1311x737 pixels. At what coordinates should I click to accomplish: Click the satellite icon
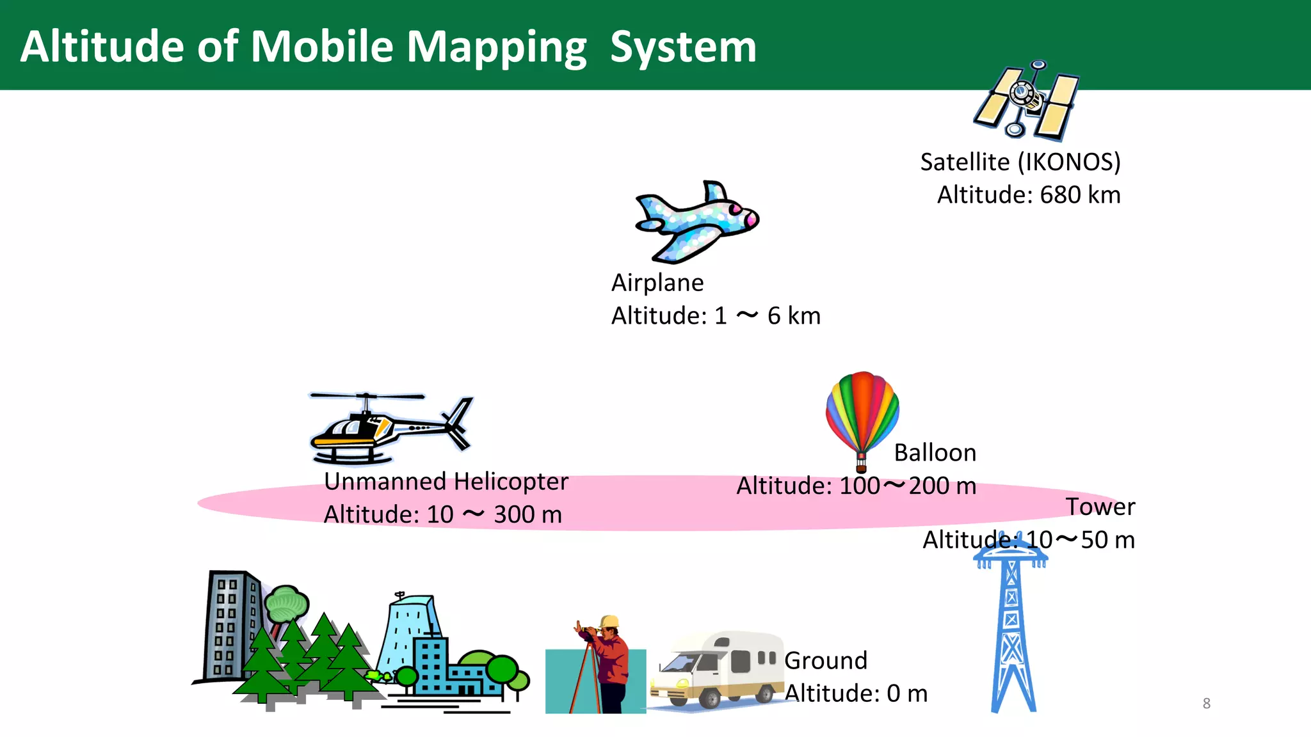pos(1026,100)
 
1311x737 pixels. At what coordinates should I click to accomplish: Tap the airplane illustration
pos(696,221)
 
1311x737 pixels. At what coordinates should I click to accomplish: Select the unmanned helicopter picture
pos(384,427)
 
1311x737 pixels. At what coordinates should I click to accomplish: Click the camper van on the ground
pos(717,669)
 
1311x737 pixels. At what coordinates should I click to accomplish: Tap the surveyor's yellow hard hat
pos(610,621)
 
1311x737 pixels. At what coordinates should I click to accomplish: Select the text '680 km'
pos(1080,195)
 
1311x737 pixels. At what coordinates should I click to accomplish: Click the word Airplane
pos(657,283)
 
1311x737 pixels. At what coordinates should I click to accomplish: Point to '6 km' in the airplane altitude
pos(794,316)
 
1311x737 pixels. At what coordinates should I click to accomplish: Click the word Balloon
pos(935,453)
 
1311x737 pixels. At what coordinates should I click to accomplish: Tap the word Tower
pos(1100,507)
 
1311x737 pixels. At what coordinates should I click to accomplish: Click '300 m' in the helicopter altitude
pos(527,514)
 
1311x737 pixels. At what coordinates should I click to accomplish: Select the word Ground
pos(826,660)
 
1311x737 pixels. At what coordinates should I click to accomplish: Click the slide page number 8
pos(1206,703)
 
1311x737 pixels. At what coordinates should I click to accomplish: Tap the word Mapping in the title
pos(496,48)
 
